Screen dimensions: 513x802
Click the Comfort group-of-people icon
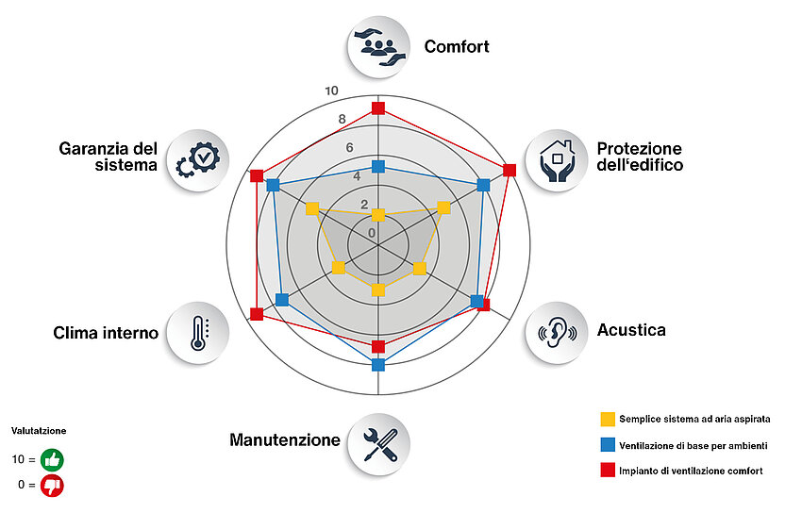(x=378, y=45)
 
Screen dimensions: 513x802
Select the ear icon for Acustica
(x=556, y=331)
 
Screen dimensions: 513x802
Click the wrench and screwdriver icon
(x=378, y=441)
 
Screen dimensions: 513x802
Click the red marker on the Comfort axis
(x=378, y=108)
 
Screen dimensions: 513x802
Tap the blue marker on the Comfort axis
(x=378, y=167)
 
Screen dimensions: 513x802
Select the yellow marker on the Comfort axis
(x=378, y=215)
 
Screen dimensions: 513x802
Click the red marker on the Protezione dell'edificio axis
(x=510, y=170)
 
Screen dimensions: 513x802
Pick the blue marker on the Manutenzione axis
(x=378, y=364)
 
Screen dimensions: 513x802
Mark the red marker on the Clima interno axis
(x=257, y=313)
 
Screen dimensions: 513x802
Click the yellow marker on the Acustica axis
(x=420, y=269)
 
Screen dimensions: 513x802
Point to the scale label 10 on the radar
(x=331, y=91)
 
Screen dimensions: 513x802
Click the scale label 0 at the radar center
(x=372, y=233)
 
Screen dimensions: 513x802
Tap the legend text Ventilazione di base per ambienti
(x=693, y=445)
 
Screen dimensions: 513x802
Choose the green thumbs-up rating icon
(x=51, y=460)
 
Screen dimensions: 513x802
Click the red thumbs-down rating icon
(x=51, y=486)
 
